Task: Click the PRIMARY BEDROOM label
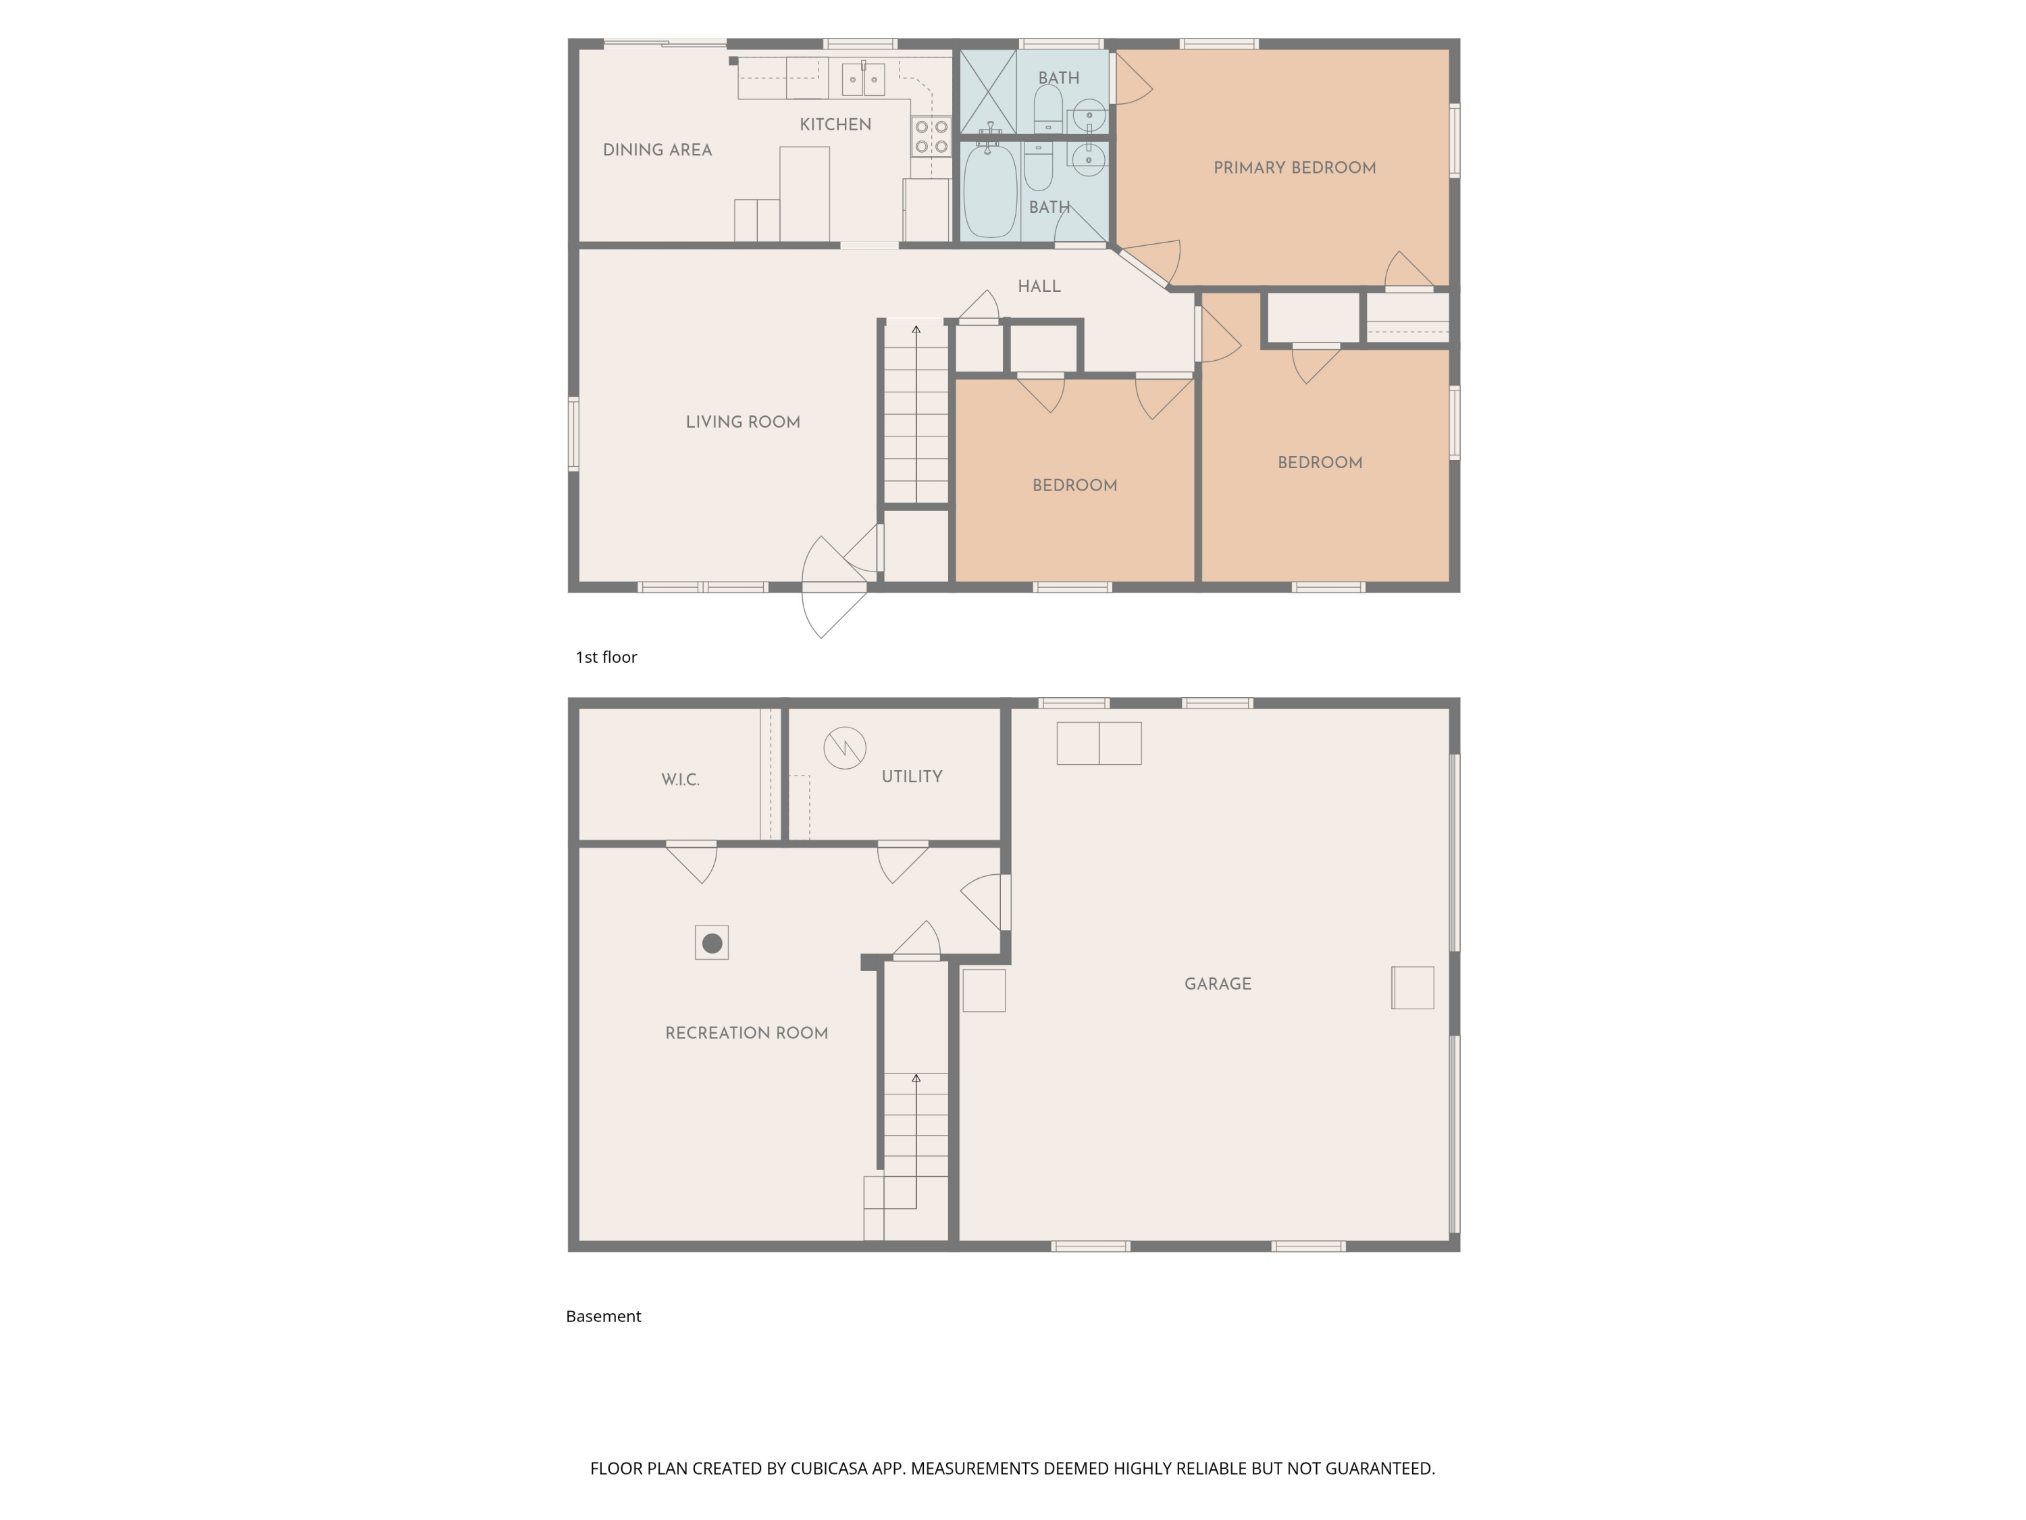coord(1294,168)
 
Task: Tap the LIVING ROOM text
coord(743,422)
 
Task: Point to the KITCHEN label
coord(835,124)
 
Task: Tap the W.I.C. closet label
coord(681,780)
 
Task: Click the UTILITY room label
coord(911,777)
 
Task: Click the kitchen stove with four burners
coord(931,136)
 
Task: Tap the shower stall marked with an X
coord(987,92)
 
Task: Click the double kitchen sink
coord(863,80)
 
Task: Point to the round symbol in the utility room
coord(844,748)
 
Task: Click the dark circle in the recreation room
coord(712,943)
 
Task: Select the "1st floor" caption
coord(605,657)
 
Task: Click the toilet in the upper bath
coord(1048,108)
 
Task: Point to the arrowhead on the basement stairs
coord(916,1078)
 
